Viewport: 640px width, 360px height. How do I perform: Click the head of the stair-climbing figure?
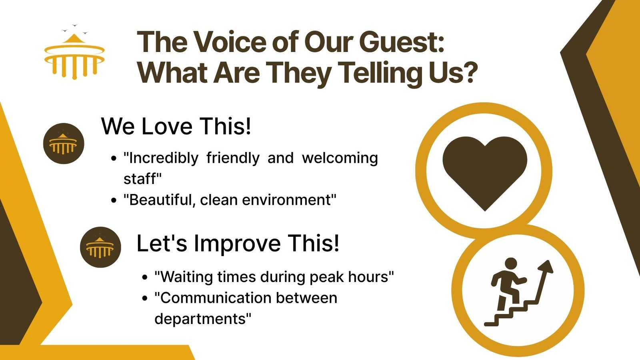point(511,264)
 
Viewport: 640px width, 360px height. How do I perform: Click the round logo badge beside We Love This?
point(64,144)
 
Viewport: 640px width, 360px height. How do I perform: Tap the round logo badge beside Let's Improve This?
point(100,247)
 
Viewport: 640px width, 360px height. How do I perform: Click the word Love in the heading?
point(167,126)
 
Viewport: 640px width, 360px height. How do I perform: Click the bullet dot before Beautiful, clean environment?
point(114,200)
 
